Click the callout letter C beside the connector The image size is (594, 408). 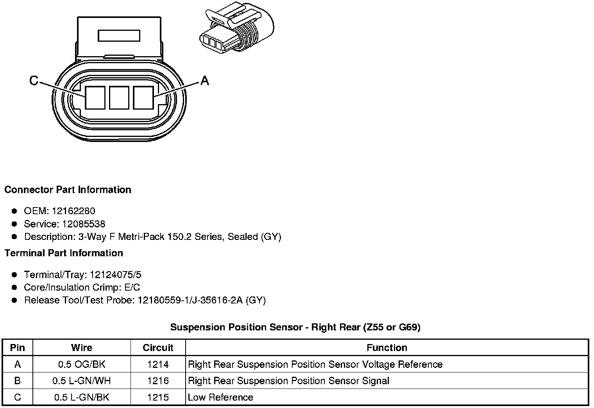[34, 81]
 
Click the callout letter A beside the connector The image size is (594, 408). [205, 81]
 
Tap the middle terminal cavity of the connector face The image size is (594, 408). [119, 98]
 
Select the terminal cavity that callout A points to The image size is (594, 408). [143, 98]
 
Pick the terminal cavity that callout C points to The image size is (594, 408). [95, 98]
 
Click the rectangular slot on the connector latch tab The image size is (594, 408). [119, 36]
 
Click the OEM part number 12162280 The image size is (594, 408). [73, 211]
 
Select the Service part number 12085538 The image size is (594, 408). [84, 224]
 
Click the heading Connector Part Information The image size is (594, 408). [68, 190]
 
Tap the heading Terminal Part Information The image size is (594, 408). [64, 253]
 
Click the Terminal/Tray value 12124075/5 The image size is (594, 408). [115, 275]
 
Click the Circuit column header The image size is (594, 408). [158, 348]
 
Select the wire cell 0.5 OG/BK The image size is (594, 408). [82, 364]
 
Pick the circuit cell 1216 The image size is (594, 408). [158, 381]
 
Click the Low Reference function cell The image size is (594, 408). [220, 397]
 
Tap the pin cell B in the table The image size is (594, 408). [18, 381]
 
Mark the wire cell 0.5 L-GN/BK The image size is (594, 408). [82, 397]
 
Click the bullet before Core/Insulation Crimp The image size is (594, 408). [15, 287]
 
